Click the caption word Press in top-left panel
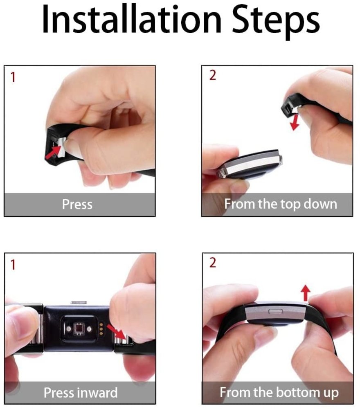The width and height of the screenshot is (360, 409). (77, 204)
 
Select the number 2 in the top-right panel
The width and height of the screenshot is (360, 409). (212, 76)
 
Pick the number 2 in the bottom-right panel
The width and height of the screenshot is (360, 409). (212, 263)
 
